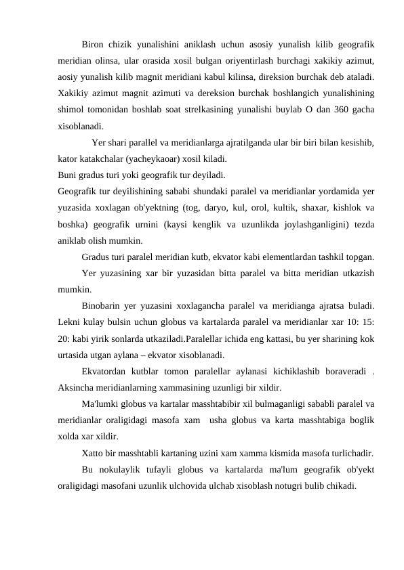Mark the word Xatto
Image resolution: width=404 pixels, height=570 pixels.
pyautogui.click(x=93, y=453)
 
